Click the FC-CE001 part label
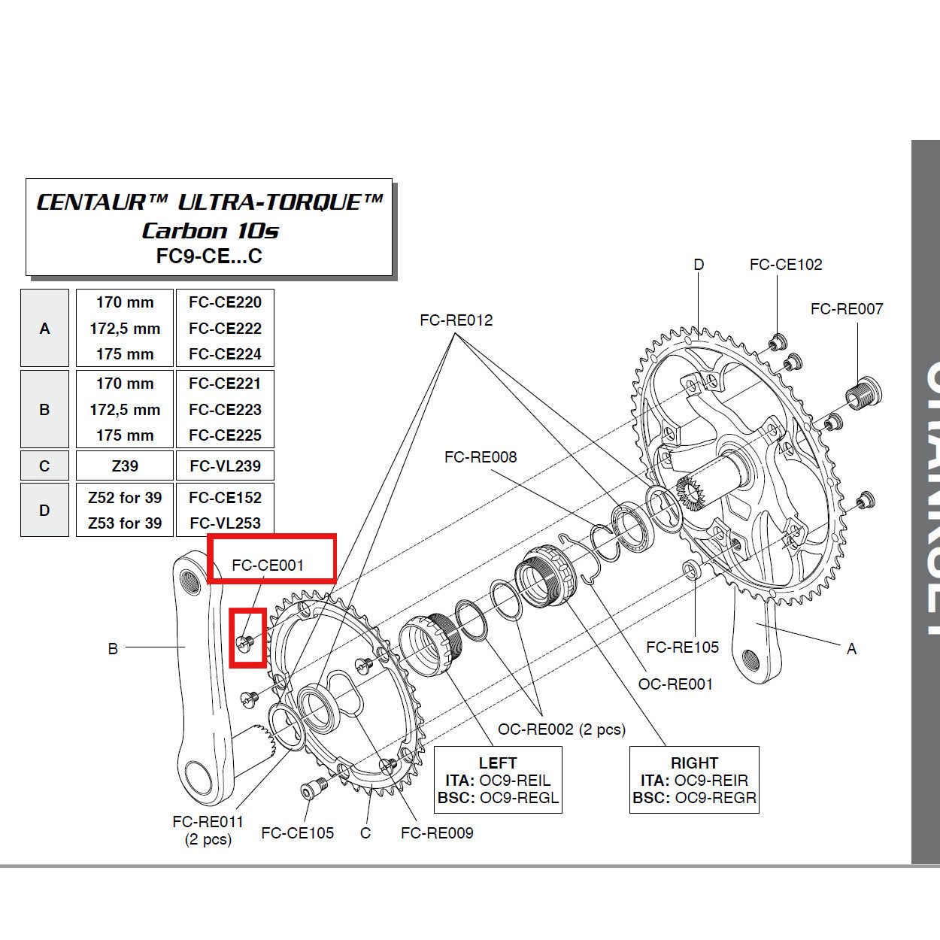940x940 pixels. coord(268,565)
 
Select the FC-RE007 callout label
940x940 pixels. coord(846,308)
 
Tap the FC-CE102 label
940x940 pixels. coord(785,264)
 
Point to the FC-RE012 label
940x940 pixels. coord(456,320)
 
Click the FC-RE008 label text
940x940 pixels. coord(480,456)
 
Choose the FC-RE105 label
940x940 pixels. coord(681,647)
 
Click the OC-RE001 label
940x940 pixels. coord(675,684)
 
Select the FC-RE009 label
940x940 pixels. coord(437,832)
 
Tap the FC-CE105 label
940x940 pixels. coord(297,832)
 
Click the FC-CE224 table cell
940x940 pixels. coord(225,353)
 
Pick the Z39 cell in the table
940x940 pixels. coord(125,465)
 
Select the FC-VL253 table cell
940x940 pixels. coord(225,523)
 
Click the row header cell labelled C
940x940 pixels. coord(44,465)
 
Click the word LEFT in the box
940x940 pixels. coord(497,763)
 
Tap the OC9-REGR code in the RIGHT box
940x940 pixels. coord(715,798)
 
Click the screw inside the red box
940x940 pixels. coord(244,642)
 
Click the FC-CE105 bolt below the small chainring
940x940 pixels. coord(312,790)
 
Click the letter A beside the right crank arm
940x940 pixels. coord(851,648)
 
